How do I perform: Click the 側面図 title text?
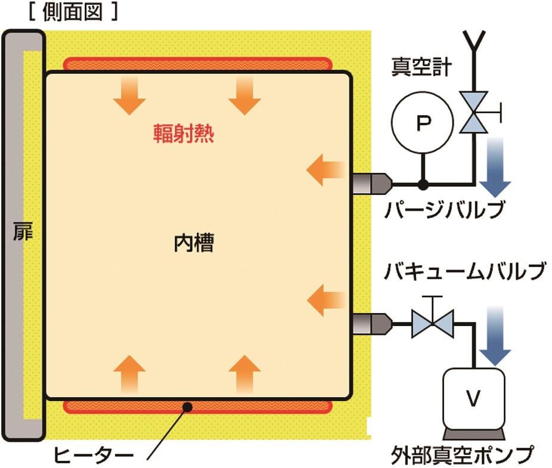pyautogui.click(x=73, y=13)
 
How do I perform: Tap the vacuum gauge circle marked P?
pyautogui.click(x=423, y=122)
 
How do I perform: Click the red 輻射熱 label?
pyautogui.click(x=184, y=134)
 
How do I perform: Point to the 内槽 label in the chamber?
pyautogui.click(x=194, y=243)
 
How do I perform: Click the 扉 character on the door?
pyautogui.click(x=23, y=231)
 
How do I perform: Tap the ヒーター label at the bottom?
pyautogui.click(x=93, y=455)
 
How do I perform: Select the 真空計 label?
pyautogui.click(x=421, y=67)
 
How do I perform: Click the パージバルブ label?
pyautogui.click(x=445, y=210)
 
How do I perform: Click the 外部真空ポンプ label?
pyautogui.click(x=463, y=455)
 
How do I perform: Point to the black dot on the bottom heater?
pyautogui.click(x=188, y=407)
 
